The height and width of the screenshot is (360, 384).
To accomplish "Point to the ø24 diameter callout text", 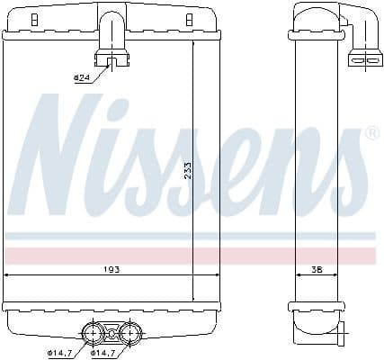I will (x=82, y=78).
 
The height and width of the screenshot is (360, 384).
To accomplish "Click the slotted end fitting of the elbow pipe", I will (x=363, y=59).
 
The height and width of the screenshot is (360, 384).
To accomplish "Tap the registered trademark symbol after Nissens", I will (x=371, y=135).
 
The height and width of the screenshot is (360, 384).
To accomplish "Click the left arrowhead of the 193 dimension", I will (x=8, y=274).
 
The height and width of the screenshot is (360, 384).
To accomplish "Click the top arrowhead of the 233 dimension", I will (x=193, y=41).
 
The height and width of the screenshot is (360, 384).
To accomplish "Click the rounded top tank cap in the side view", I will (x=310, y=20).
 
